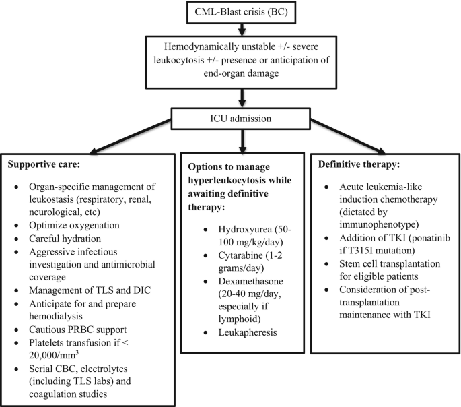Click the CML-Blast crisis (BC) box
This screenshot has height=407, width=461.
241,12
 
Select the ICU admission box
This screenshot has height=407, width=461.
241,119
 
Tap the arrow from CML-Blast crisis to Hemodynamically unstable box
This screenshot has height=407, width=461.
242,30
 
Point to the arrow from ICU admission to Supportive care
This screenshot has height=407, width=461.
131,137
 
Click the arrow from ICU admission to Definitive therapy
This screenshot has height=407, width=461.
347,137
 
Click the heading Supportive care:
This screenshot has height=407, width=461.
44,164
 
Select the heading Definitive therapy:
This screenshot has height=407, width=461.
359,164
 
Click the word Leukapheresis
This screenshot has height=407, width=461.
248,332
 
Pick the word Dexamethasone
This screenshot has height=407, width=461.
250,281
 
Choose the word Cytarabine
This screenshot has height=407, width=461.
240,255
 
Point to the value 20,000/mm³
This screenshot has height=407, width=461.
54,355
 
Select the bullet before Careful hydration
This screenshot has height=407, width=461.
16,239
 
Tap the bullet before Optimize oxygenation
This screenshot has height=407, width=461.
16,226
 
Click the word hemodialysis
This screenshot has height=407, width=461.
56,316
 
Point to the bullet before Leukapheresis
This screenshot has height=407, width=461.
206,333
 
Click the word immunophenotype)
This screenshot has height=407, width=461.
379,224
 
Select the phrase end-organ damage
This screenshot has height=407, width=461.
241,73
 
